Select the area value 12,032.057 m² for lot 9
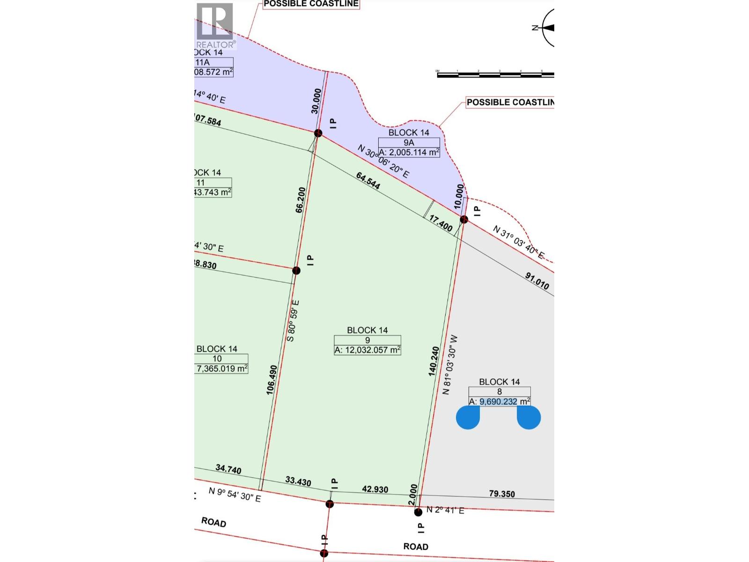point(367,350)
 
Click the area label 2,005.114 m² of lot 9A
point(409,152)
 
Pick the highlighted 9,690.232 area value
point(498,401)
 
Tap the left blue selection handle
point(468,417)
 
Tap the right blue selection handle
point(529,417)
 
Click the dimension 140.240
point(433,361)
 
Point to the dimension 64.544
point(368,180)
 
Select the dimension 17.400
point(441,224)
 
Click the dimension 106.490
point(272,380)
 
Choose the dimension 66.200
point(301,200)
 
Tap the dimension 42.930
point(375,489)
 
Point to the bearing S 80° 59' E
point(293,321)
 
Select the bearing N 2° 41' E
point(445,510)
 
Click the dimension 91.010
point(537,281)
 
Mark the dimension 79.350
point(502,494)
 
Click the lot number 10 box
point(217,359)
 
